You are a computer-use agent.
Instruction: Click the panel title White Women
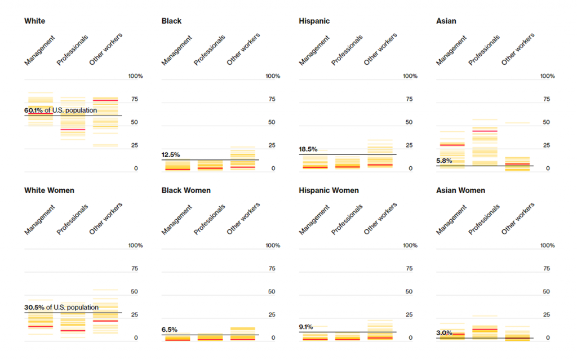pyautogui.click(x=49, y=190)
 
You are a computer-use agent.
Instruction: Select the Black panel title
pyautogui.click(x=171, y=21)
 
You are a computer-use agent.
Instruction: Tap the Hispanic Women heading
pyautogui.click(x=329, y=190)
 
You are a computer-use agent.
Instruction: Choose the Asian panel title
pyautogui.click(x=446, y=21)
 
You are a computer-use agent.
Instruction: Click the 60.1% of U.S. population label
pyautogui.click(x=60, y=110)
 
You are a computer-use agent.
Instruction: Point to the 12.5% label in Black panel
pyautogui.click(x=170, y=154)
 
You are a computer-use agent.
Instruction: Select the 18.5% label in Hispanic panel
pyautogui.click(x=308, y=149)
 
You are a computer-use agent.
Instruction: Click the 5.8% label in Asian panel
pyautogui.click(x=443, y=161)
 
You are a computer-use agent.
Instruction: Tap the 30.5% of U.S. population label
pyautogui.click(x=61, y=307)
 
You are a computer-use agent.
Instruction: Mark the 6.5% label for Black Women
pyautogui.click(x=169, y=330)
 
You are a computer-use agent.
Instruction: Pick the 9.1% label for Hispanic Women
pyautogui.click(x=307, y=326)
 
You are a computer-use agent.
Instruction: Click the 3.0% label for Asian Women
pyautogui.click(x=444, y=333)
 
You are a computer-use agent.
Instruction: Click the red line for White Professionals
pyautogui.click(x=73, y=130)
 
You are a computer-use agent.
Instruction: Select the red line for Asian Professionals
pyautogui.click(x=485, y=131)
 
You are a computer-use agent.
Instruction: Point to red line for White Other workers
pyautogui.click(x=105, y=100)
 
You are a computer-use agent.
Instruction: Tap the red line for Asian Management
pyautogui.click(x=452, y=145)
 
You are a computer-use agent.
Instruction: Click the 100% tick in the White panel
pyautogui.click(x=136, y=76)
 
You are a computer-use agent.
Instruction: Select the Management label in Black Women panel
pyautogui.click(x=176, y=220)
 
